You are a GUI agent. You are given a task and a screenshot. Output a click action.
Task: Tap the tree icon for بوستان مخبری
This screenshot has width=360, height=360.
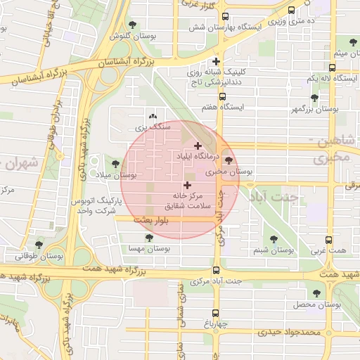click(x=228, y=161)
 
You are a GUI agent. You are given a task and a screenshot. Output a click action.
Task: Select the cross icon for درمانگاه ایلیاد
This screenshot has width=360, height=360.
click(x=197, y=146)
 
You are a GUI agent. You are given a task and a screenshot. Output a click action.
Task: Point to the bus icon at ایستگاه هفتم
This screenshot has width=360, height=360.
click(x=222, y=97)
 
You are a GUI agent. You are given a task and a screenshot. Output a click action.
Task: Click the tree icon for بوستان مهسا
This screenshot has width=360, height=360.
click(x=149, y=238)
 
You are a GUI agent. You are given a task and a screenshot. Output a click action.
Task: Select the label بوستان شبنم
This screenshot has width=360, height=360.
click(x=274, y=250)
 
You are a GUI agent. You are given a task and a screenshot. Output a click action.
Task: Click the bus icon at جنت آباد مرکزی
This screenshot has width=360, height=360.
click(x=216, y=270)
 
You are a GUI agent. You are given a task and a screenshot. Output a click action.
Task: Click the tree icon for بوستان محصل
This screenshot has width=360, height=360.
click(x=316, y=294)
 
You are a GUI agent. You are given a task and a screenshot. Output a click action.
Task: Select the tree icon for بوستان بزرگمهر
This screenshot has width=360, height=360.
click(x=314, y=98)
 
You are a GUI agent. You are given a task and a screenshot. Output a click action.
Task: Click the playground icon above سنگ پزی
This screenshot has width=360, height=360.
click(x=153, y=117)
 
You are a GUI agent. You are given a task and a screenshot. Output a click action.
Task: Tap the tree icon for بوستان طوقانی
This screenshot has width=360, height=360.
click(x=39, y=245)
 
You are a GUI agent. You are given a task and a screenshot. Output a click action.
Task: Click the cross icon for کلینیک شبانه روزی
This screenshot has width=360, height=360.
click(x=217, y=61)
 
